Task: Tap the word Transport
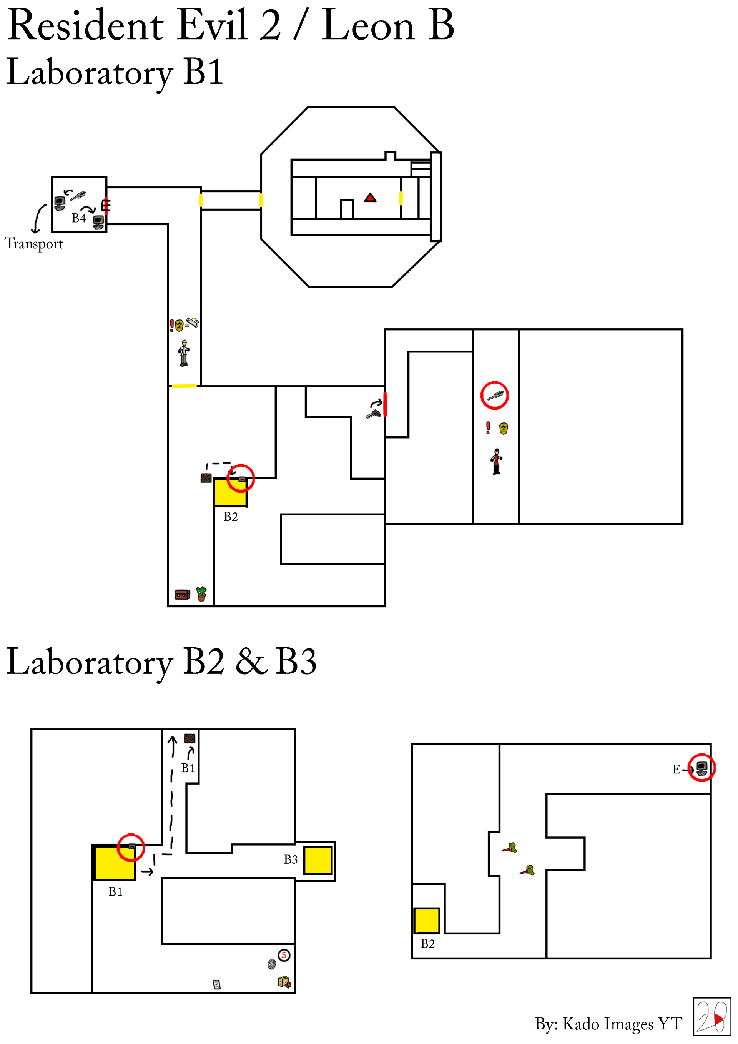pos(34,244)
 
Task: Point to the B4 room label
pos(79,218)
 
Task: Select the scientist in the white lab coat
pos(184,353)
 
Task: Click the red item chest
pos(182,594)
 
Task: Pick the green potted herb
pos(201,593)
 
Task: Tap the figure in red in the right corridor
pos(496,462)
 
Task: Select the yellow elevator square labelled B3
pos(317,860)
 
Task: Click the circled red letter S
pos(284,955)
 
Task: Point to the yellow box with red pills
pos(284,982)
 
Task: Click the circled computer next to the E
pos(701,768)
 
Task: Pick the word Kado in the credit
pos(580,1024)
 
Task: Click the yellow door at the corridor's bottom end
pos(184,386)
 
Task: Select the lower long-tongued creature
pos(528,870)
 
